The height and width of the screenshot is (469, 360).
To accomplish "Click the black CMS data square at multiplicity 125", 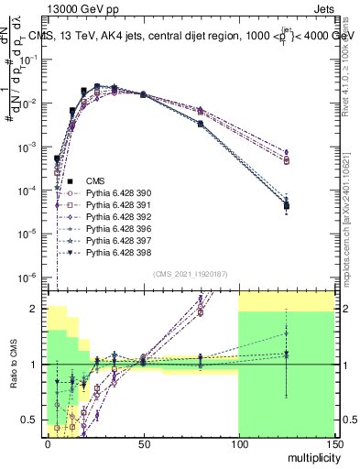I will (287, 206).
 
